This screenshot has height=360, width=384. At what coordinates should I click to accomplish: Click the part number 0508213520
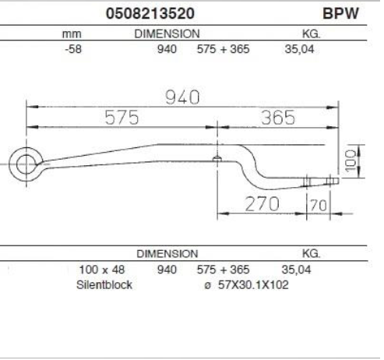click(x=150, y=13)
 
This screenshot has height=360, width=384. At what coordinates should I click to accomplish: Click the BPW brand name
click(x=340, y=13)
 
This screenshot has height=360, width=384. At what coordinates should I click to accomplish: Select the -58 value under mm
click(x=73, y=49)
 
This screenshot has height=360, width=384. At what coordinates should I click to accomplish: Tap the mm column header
click(x=72, y=34)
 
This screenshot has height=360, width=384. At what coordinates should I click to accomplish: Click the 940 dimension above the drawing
click(x=182, y=97)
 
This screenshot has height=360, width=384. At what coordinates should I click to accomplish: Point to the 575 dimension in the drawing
click(x=122, y=118)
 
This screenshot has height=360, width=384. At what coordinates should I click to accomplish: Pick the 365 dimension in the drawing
click(x=278, y=118)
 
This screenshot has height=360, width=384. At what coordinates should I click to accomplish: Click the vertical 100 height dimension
click(x=351, y=161)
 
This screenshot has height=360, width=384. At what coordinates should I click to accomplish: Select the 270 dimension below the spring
click(x=262, y=204)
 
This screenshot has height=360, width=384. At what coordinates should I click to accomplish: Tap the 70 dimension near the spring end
click(x=319, y=206)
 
